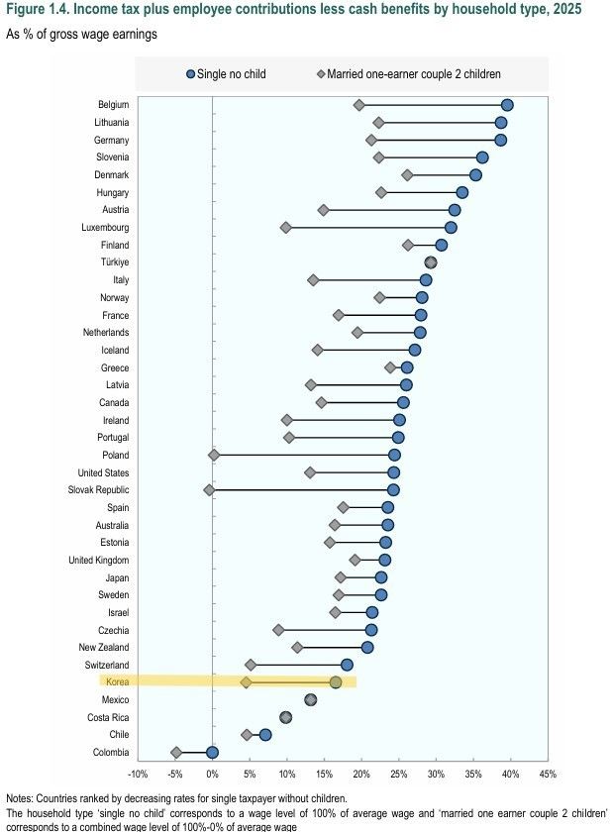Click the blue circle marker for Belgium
507,105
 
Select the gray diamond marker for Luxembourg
286,227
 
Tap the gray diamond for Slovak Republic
209,489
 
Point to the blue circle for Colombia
212,752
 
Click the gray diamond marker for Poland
214,455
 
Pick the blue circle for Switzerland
347,665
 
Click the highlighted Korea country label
117,682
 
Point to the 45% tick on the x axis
548,774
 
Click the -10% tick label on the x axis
138,774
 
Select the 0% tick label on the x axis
212,774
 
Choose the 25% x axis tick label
398,774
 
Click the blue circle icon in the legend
191,73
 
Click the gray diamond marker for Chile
247,735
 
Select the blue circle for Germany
501,140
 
